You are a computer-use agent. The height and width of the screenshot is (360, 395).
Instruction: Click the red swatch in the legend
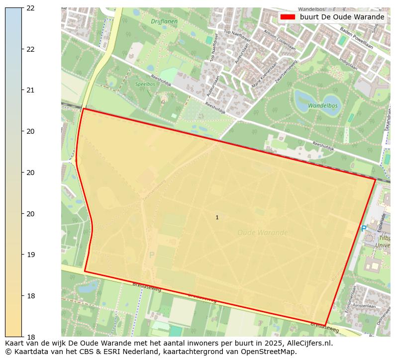click(x=288, y=17)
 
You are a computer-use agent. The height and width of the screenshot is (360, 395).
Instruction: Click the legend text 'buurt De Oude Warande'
click(x=342, y=17)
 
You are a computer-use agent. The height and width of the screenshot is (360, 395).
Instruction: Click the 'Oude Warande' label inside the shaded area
click(x=262, y=233)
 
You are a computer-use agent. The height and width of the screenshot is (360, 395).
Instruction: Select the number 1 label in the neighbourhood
click(x=217, y=217)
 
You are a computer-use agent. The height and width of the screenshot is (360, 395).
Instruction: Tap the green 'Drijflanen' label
click(x=164, y=21)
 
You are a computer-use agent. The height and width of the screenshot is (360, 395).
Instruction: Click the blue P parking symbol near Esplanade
click(x=364, y=229)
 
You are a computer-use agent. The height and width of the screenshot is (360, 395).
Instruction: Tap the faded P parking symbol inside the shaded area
click(x=152, y=255)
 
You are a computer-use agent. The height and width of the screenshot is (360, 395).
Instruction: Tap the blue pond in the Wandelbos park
click(x=302, y=101)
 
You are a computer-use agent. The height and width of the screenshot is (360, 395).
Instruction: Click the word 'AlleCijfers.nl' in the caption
click(x=308, y=343)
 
